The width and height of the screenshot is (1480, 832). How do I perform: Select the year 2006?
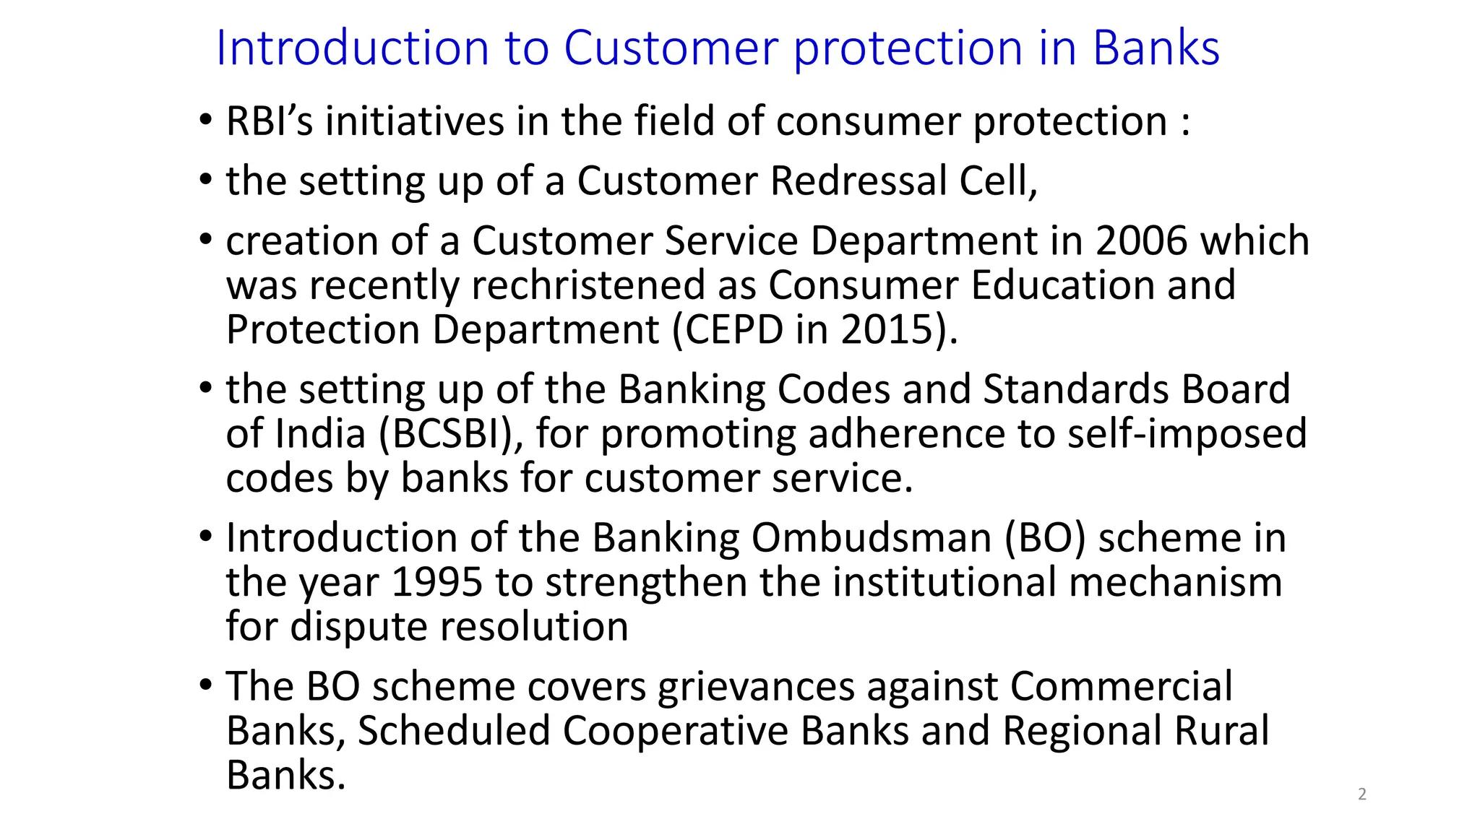click(x=1141, y=240)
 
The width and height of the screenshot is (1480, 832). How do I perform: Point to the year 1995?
click(x=436, y=582)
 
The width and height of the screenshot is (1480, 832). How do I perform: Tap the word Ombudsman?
click(x=872, y=538)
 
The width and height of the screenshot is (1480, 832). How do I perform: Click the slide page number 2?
click(x=1362, y=794)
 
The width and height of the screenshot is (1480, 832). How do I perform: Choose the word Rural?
click(x=1221, y=731)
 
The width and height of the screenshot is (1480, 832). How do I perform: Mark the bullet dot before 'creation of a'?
click(x=206, y=238)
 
